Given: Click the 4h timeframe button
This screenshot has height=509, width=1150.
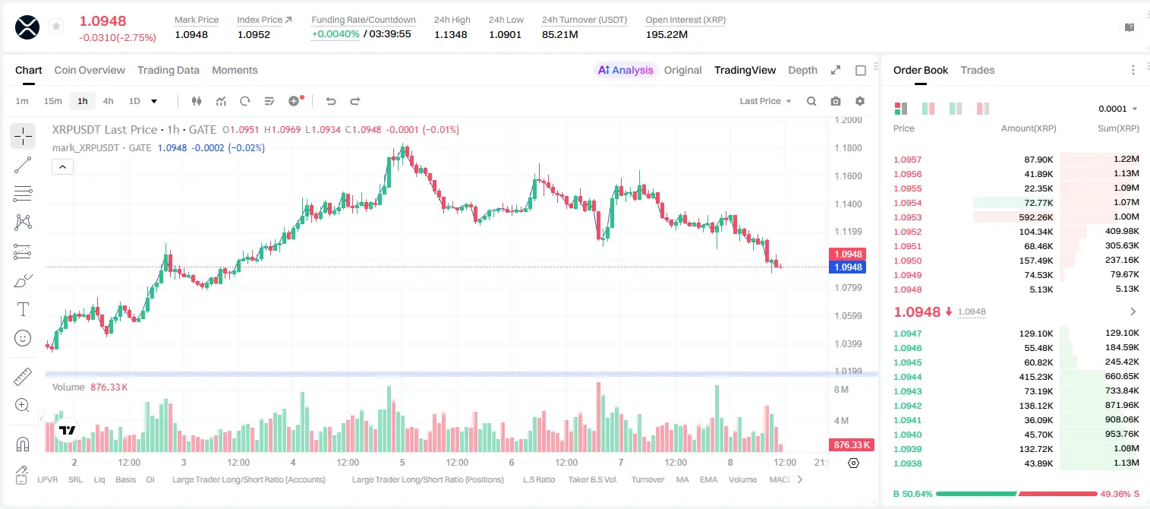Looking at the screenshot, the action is point(108,101).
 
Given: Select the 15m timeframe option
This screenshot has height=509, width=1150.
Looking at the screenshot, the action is point(53,101).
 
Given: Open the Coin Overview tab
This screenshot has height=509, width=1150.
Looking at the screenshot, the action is point(90,70).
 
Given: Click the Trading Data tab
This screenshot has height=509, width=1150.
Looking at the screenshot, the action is point(169,70).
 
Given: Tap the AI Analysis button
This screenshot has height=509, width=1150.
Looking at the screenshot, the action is point(625,70).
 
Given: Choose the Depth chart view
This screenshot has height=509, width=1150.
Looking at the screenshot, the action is point(802,70).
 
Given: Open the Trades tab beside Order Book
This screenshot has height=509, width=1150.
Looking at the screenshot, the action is point(978,70).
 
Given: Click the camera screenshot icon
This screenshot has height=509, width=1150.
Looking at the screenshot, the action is point(836,101).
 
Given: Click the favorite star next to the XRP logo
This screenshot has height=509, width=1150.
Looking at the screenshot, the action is point(56,26).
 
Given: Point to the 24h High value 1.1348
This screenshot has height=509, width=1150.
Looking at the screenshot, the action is point(451,34).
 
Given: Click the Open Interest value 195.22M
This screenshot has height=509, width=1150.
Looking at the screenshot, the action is point(666,34).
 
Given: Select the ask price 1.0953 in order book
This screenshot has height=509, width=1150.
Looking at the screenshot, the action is point(908,217).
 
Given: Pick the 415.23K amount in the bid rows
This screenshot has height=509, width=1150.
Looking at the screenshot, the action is point(1036,377).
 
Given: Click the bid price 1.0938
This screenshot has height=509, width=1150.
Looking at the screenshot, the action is point(908,463).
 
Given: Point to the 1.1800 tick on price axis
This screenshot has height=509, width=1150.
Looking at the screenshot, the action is point(848,148).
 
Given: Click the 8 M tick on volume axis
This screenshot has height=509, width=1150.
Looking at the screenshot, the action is point(842,389).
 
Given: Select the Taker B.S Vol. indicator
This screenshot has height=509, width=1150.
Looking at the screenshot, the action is point(592,479).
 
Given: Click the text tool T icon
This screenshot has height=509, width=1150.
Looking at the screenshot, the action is point(23,309).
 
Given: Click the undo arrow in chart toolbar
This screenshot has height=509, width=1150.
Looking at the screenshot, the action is point(331,101).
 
